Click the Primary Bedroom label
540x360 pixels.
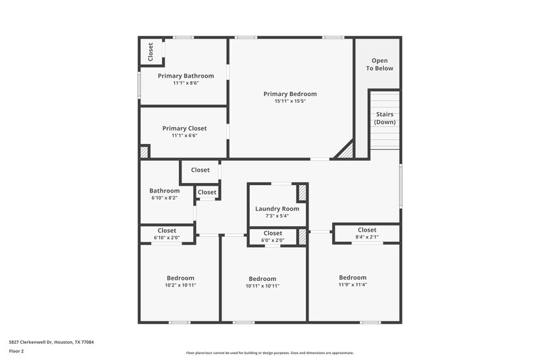(290, 94)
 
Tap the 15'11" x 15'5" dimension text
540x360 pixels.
(290, 101)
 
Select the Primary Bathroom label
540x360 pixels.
(186, 76)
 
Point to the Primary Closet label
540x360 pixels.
(184, 128)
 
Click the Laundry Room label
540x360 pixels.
(277, 209)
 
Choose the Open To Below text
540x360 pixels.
(379, 64)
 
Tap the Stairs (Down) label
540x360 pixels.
(385, 118)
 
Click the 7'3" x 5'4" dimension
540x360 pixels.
(277, 216)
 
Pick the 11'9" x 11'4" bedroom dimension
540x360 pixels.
(352, 284)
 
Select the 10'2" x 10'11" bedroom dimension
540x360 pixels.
(180, 285)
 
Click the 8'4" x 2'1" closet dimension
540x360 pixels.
(367, 237)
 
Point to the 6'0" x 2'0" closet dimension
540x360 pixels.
(273, 240)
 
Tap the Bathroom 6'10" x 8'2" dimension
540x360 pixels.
(165, 199)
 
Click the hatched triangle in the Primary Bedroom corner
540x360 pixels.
(346, 151)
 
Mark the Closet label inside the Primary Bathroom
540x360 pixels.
(151, 53)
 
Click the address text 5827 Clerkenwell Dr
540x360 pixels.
(51, 342)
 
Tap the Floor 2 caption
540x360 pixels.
(16, 351)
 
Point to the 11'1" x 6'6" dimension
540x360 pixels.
(184, 135)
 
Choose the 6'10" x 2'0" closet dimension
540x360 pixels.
(167, 237)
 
